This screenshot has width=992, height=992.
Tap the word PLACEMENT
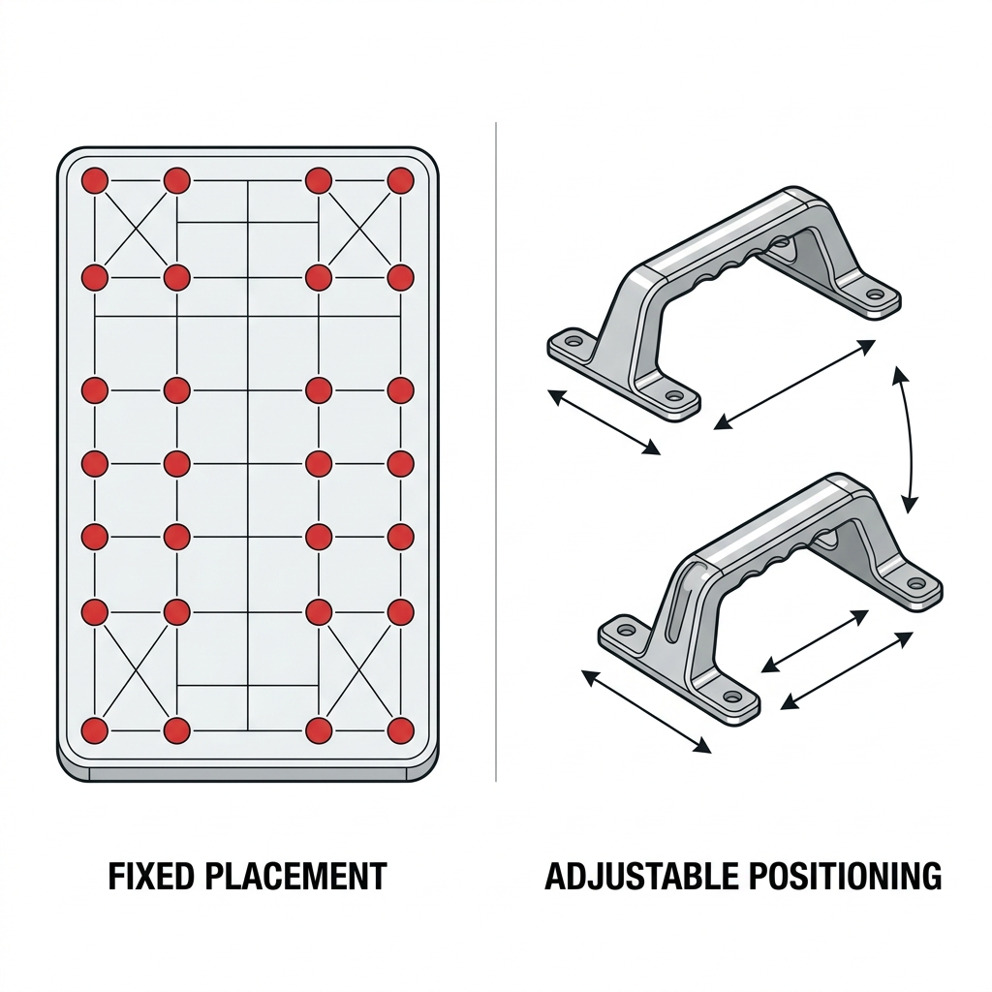pyautogui.click(x=296, y=876)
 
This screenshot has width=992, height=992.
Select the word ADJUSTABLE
pyautogui.click(x=640, y=876)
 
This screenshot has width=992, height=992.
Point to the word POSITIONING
pyautogui.click(x=845, y=876)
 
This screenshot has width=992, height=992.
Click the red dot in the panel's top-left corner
pyautogui.click(x=95, y=181)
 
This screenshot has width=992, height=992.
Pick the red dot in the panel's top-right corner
pyautogui.click(x=400, y=181)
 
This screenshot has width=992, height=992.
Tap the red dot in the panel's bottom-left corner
pyautogui.click(x=95, y=730)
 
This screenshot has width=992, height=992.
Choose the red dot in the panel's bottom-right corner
pyautogui.click(x=400, y=730)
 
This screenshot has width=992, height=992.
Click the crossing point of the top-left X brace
pyautogui.click(x=136, y=229)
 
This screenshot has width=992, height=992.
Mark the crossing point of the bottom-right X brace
pyautogui.click(x=359, y=672)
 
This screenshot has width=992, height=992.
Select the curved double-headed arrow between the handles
pyautogui.click(x=909, y=439)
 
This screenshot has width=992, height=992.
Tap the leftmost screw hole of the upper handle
pyautogui.click(x=573, y=341)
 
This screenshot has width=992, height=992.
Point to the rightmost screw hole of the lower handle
pyautogui.click(x=915, y=582)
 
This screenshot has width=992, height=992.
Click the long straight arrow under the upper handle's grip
pyautogui.click(x=794, y=385)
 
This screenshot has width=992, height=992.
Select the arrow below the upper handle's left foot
pyautogui.click(x=604, y=422)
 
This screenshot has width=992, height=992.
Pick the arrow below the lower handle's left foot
pyautogui.click(x=646, y=712)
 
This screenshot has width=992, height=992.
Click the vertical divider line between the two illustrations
pyautogui.click(x=496, y=451)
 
